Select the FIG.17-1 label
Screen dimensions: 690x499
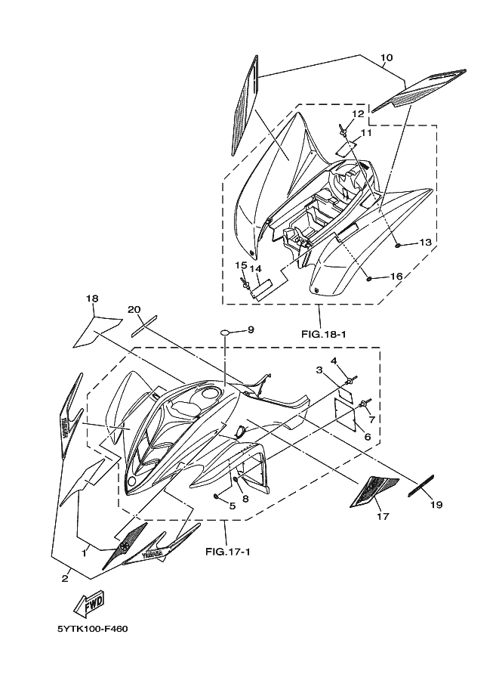pos(227,552)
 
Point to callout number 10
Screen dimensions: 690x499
pos(386,58)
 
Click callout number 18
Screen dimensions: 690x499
pos(92,299)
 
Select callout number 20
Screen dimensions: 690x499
pos(134,309)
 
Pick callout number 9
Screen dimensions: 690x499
pos(251,330)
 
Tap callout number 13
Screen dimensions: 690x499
pos(424,243)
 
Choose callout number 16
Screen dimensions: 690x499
pos(396,277)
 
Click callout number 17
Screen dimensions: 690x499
pos(382,517)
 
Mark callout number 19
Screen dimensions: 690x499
pos(436,504)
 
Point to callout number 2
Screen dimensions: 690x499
pos(65,578)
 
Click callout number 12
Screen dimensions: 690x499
pos(358,113)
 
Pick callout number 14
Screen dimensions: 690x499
pos(257,268)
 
